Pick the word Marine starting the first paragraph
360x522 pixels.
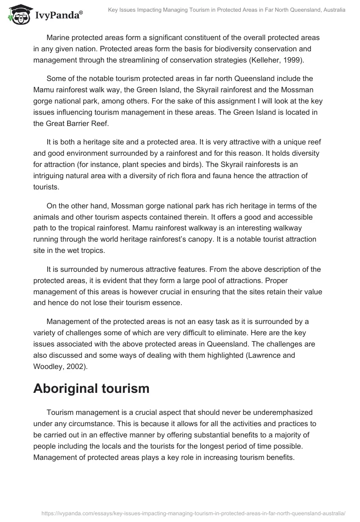[x=58, y=38]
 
